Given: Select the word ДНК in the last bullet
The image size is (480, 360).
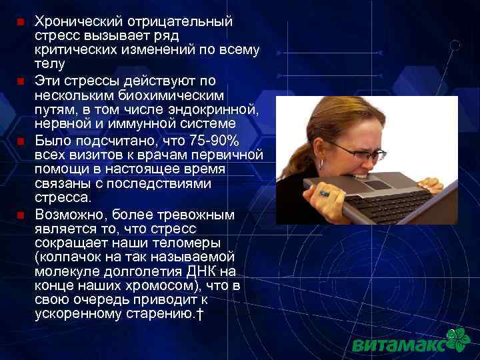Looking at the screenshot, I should click(203, 271).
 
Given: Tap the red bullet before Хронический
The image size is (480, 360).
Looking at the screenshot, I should click(20, 22).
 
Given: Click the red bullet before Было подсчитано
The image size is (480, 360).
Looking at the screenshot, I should click(20, 141).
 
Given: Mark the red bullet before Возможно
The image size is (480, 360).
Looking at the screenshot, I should click(20, 215).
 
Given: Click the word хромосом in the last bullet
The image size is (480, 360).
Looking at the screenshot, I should click(140, 286).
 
